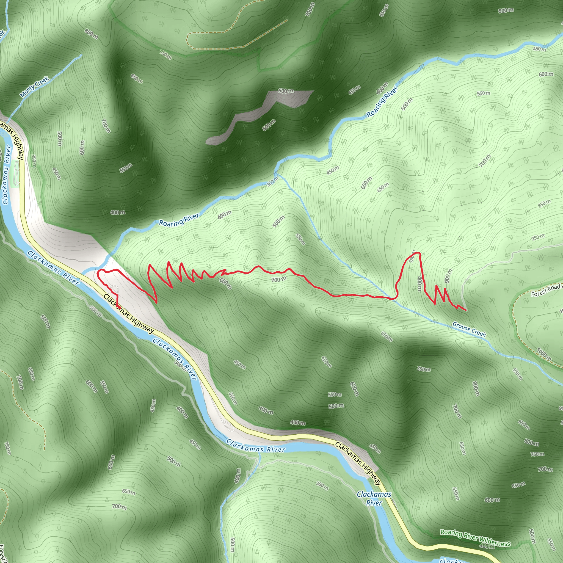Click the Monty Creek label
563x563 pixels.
point(35,87)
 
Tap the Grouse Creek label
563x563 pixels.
point(469,329)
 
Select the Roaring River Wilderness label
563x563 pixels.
point(475,538)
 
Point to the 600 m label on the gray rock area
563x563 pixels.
point(285,91)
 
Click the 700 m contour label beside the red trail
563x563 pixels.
point(278,280)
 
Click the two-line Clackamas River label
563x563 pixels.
point(374,498)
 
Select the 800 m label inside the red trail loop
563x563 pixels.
point(420,283)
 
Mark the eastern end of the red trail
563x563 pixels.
point(466,310)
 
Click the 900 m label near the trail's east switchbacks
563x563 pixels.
point(448,275)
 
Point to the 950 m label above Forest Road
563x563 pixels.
point(538,237)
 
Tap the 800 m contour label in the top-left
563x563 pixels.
point(91,34)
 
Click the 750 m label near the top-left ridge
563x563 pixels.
point(165,54)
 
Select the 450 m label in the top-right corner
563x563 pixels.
point(539,49)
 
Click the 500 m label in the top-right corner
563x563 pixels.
point(506,10)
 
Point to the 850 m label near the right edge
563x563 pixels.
point(544,203)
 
